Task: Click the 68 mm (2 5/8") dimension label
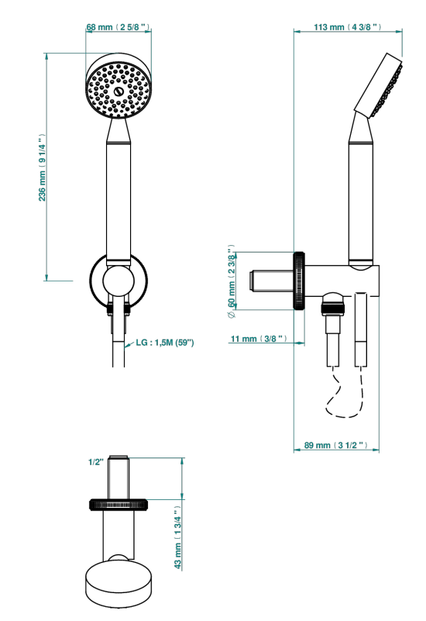pos(119,27)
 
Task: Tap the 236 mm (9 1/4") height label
pos(42,167)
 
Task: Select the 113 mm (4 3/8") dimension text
pos(348,27)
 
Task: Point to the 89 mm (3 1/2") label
pos(336,445)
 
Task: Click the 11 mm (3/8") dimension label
pos(259,339)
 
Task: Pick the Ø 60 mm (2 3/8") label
pos(232,281)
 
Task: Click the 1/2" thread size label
pos(96,462)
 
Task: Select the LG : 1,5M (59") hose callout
pos(165,342)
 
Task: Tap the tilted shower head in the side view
pos(378,85)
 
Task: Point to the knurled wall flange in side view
pos(299,280)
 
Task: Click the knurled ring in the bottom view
pos(119,505)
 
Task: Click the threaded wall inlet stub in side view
pos(271,281)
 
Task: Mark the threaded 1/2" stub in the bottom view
pos(119,478)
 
